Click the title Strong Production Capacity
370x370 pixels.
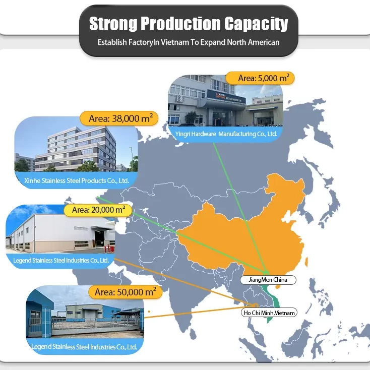189,23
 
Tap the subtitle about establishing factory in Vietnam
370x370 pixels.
189,42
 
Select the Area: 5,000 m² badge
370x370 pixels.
259,78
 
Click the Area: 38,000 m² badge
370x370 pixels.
119,119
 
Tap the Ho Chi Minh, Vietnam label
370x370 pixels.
270,313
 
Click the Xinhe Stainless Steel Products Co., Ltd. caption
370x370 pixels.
77,180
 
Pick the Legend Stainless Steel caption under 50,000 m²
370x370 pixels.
84,347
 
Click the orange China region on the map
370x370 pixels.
242,227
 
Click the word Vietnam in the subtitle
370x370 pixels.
175,42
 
